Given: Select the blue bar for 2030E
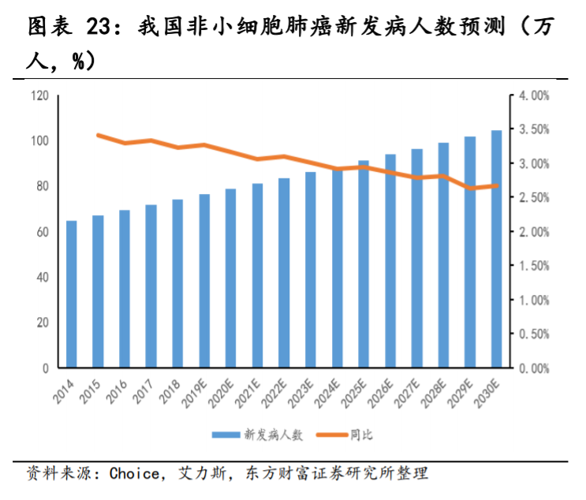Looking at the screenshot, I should point(497,249).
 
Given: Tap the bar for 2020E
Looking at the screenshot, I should point(231,278).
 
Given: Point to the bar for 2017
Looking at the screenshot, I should point(151,286).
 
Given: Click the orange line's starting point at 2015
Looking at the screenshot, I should point(98,135).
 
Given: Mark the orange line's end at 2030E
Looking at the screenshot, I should point(497,186).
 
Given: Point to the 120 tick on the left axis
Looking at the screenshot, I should point(40,95).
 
